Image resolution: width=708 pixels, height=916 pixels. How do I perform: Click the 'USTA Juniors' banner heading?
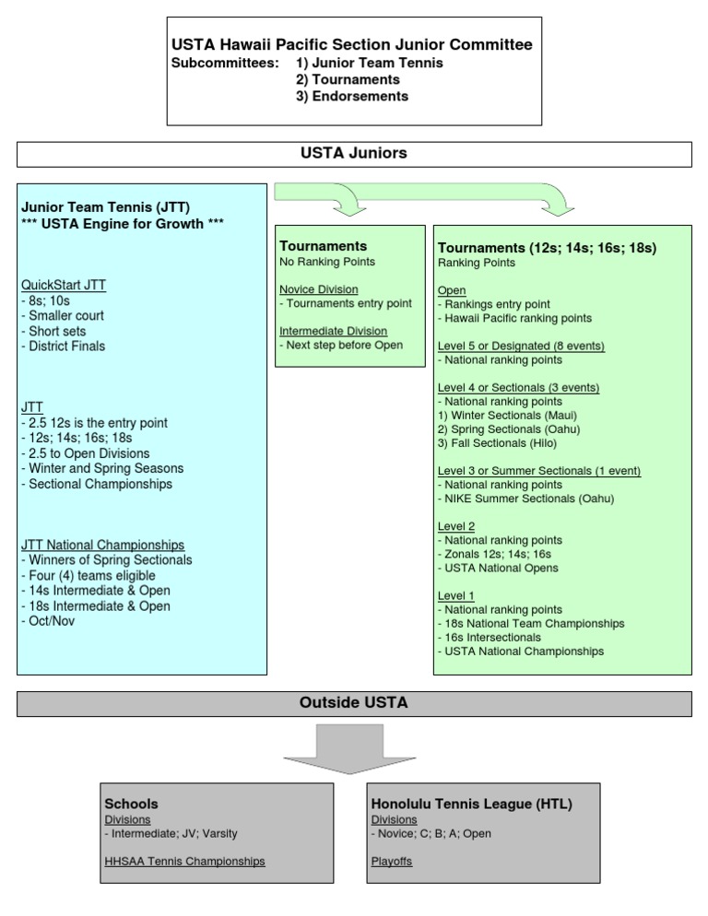point(353,154)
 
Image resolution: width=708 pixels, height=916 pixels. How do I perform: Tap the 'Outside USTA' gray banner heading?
point(353,703)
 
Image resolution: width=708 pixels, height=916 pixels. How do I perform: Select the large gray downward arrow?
point(353,747)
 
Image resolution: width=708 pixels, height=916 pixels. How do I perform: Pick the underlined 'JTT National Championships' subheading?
point(102,545)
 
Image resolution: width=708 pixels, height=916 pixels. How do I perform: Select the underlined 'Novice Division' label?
point(319,289)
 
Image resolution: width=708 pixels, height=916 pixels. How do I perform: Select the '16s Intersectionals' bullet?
point(490,637)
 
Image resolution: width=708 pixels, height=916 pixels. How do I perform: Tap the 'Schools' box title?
point(132,804)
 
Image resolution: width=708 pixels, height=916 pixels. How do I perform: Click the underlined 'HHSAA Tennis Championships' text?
point(185,862)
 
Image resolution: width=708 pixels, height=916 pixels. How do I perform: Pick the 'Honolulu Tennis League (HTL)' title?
point(471,804)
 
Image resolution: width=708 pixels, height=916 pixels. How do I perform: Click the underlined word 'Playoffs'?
point(392,862)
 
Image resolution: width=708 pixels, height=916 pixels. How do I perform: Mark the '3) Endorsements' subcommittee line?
point(352,96)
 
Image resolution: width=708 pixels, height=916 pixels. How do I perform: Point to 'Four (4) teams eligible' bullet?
point(88,575)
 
